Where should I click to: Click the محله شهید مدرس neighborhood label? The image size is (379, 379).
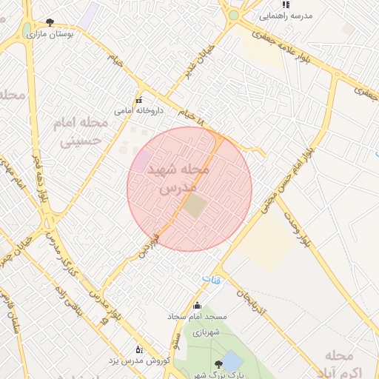point(178,178)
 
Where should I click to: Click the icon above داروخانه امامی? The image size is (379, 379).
point(138,101)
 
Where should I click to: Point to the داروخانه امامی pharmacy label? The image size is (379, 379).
point(138,111)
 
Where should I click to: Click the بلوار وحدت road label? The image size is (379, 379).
point(295,225)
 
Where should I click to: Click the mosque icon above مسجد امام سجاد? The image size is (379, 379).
point(196,306)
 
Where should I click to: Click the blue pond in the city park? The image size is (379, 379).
point(232,361)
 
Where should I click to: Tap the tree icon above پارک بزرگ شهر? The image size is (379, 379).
point(218,364)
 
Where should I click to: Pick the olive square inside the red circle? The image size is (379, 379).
point(195,206)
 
